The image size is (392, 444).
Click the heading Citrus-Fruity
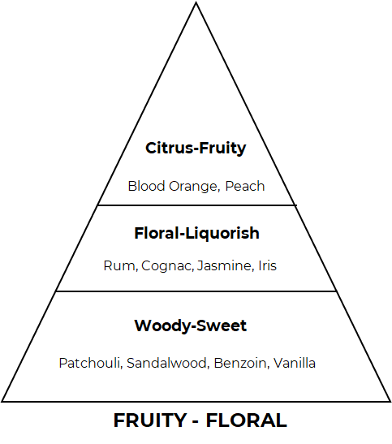pyautogui.click(x=196, y=148)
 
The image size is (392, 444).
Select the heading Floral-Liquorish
pyautogui.click(x=196, y=233)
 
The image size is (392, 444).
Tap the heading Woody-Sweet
pyautogui.click(x=191, y=325)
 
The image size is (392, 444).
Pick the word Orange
pyautogui.click(x=195, y=187)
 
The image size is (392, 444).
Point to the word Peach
pyautogui.click(x=245, y=186)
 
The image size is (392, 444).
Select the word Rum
pyautogui.click(x=121, y=266)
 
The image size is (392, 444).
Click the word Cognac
pyautogui.click(x=167, y=266)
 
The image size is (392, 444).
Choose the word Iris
pyautogui.click(x=268, y=265)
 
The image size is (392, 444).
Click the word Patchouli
pyautogui.click(x=91, y=363)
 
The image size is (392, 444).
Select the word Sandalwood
pyautogui.click(x=168, y=363)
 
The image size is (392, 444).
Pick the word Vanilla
pyautogui.click(x=295, y=363)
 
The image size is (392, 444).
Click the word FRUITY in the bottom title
pyautogui.click(x=150, y=420)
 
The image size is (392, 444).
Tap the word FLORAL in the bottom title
pyautogui.click(x=247, y=420)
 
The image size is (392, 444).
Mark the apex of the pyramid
pyautogui.click(x=196, y=2)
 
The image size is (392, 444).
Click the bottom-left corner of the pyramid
pyautogui.click(x=2, y=401)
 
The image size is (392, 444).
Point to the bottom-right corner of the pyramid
pyautogui.click(x=390, y=401)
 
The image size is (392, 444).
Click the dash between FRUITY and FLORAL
pyautogui.click(x=196, y=422)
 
